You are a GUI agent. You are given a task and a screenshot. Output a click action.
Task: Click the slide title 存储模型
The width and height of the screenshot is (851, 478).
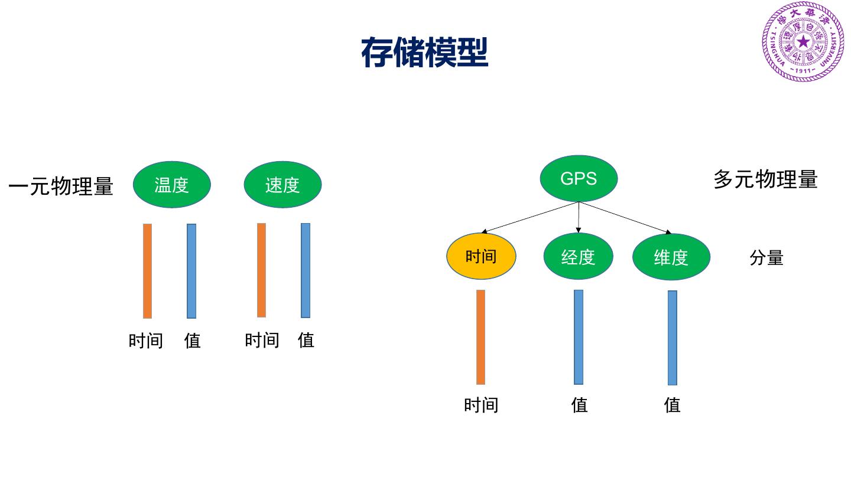tap(424, 53)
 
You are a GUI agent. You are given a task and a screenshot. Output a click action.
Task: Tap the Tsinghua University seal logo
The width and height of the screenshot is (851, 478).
tap(803, 42)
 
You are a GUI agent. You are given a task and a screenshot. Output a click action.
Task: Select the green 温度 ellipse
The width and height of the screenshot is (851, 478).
tap(171, 185)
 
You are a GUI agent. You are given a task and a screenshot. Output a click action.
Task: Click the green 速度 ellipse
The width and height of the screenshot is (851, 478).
tap(282, 185)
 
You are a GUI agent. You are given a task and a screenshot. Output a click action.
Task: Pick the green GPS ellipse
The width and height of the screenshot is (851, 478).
tap(579, 178)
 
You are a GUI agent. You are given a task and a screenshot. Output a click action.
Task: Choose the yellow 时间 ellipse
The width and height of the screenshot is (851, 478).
tap(481, 257)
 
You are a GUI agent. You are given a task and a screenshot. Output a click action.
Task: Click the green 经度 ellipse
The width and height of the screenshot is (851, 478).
tap(578, 257)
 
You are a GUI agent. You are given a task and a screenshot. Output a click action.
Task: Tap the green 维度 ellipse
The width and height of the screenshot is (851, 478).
tap(671, 257)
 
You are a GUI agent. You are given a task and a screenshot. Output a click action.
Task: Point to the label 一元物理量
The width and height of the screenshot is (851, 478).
tap(61, 186)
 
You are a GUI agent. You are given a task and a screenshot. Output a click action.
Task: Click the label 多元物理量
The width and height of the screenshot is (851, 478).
tap(765, 179)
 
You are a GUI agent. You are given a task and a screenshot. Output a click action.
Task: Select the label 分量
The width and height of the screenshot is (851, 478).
tap(766, 258)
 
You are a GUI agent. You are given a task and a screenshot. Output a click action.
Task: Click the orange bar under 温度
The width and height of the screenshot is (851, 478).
tap(147, 271)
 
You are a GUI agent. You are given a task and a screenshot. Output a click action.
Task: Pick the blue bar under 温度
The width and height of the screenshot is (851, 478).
tap(191, 271)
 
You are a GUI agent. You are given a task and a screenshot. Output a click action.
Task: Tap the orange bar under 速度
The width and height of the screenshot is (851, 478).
tap(261, 270)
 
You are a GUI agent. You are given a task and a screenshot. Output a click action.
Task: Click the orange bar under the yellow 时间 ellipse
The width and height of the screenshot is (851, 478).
tap(480, 337)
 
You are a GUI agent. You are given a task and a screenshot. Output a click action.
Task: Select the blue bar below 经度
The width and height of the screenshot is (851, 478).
tap(579, 337)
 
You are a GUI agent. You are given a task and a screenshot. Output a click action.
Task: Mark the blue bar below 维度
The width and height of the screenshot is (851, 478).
tap(673, 338)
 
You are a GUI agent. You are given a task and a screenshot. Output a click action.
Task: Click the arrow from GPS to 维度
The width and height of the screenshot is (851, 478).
tap(626, 218)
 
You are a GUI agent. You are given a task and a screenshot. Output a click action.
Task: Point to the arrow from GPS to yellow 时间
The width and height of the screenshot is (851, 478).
tap(530, 217)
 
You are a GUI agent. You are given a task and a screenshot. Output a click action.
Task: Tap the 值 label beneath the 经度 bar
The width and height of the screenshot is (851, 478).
tap(580, 405)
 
